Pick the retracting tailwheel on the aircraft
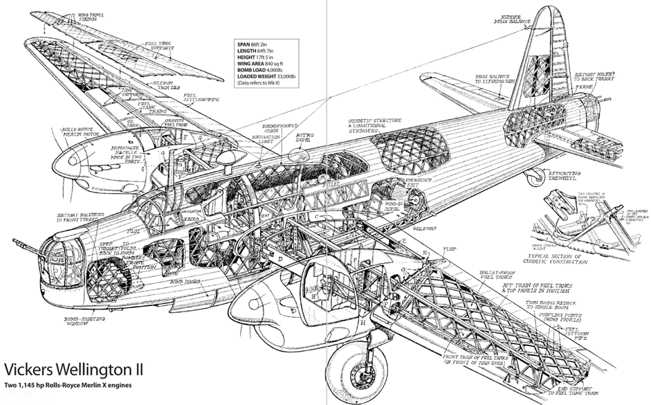(533, 179)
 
